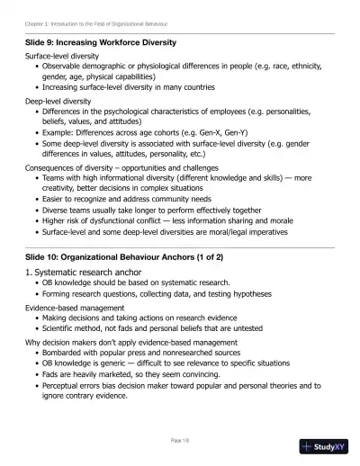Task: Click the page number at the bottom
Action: pos(179,439)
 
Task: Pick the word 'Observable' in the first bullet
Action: pos(60,66)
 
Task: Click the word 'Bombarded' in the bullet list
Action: pos(61,353)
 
